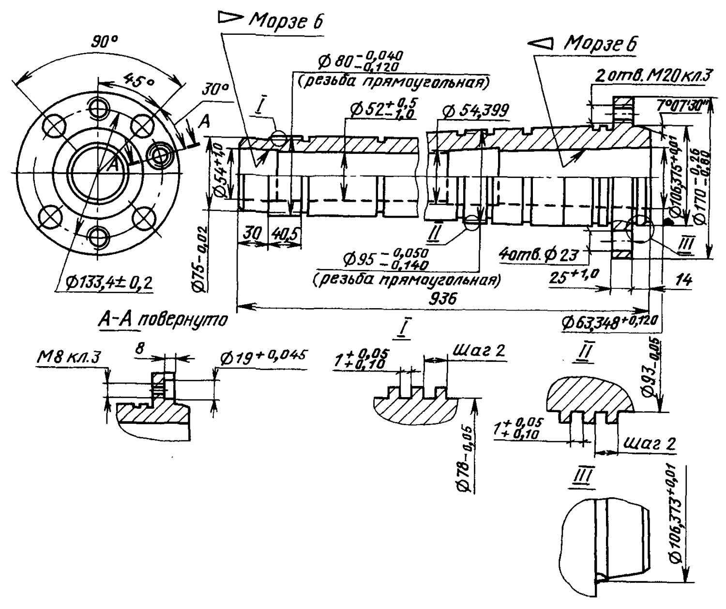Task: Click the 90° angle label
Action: pos(105,43)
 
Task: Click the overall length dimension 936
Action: pos(442,298)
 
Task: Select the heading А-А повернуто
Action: pos(163,320)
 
